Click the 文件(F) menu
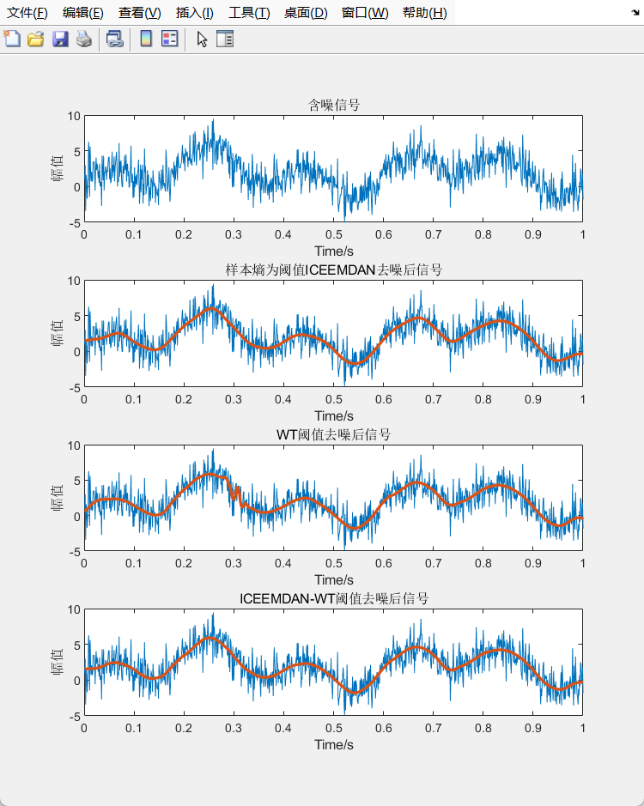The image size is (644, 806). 27,13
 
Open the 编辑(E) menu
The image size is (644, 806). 82,13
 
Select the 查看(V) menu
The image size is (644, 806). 139,13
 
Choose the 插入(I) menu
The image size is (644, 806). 194,13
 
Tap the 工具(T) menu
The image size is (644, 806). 249,13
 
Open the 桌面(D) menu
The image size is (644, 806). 306,13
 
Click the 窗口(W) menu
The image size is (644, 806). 365,13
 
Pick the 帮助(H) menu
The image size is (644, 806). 424,13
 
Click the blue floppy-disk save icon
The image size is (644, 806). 60,39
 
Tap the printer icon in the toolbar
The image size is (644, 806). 84,39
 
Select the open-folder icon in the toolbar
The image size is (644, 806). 35,39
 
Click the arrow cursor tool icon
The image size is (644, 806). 202,39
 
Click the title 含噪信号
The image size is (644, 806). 334,105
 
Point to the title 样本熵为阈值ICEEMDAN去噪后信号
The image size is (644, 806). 334,270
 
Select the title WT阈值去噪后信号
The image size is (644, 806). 334,435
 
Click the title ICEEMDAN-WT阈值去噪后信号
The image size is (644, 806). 334,599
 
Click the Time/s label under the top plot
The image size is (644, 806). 334,251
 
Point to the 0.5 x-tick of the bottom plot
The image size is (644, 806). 334,729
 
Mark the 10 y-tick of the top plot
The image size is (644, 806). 74,116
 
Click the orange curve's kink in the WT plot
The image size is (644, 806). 235,493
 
